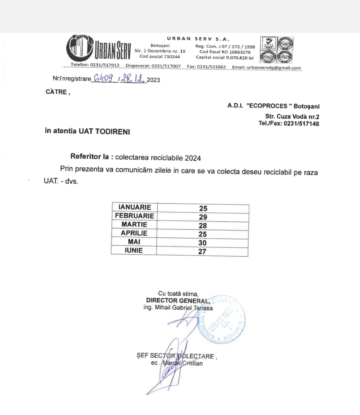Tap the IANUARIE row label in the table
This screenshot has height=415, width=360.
pyautogui.click(x=134, y=207)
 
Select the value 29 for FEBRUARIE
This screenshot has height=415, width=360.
pyautogui.click(x=203, y=217)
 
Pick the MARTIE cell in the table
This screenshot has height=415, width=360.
pyautogui.click(x=134, y=224)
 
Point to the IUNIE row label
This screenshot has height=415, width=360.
pyautogui.click(x=134, y=250)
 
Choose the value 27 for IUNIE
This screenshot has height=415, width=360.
pyautogui.click(x=202, y=252)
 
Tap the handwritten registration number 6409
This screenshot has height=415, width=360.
pyautogui.click(x=104, y=79)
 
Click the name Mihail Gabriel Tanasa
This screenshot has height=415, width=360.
pyautogui.click(x=178, y=308)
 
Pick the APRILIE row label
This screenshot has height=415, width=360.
pyautogui.click(x=134, y=233)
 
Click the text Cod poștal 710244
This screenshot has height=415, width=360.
pyautogui.click(x=160, y=56)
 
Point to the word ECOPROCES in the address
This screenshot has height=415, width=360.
pyautogui.click(x=268, y=106)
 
